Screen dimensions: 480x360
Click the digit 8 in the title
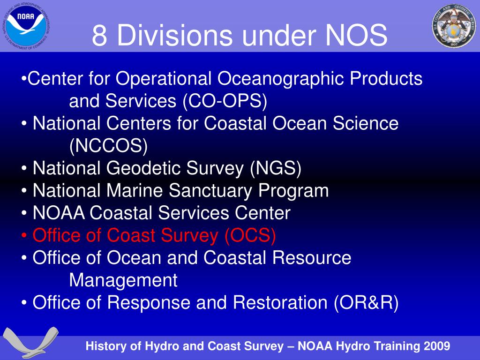click(x=99, y=36)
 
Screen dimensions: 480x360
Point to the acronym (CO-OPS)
click(x=225, y=101)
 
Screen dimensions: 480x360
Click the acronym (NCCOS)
click(x=108, y=146)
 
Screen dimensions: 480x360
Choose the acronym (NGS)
click(x=276, y=168)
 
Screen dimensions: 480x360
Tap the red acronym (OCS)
click(x=250, y=235)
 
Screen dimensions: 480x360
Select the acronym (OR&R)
click(x=366, y=302)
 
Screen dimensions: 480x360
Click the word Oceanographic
click(x=281, y=79)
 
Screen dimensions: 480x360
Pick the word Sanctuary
click(x=210, y=191)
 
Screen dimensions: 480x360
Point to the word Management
click(x=123, y=280)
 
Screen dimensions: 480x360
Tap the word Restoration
click(x=280, y=302)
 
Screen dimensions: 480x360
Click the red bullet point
click(x=24, y=236)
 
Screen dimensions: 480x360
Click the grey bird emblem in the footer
click(x=30, y=342)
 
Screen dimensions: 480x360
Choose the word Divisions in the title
click(x=174, y=35)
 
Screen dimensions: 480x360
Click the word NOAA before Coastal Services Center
click(x=59, y=213)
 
